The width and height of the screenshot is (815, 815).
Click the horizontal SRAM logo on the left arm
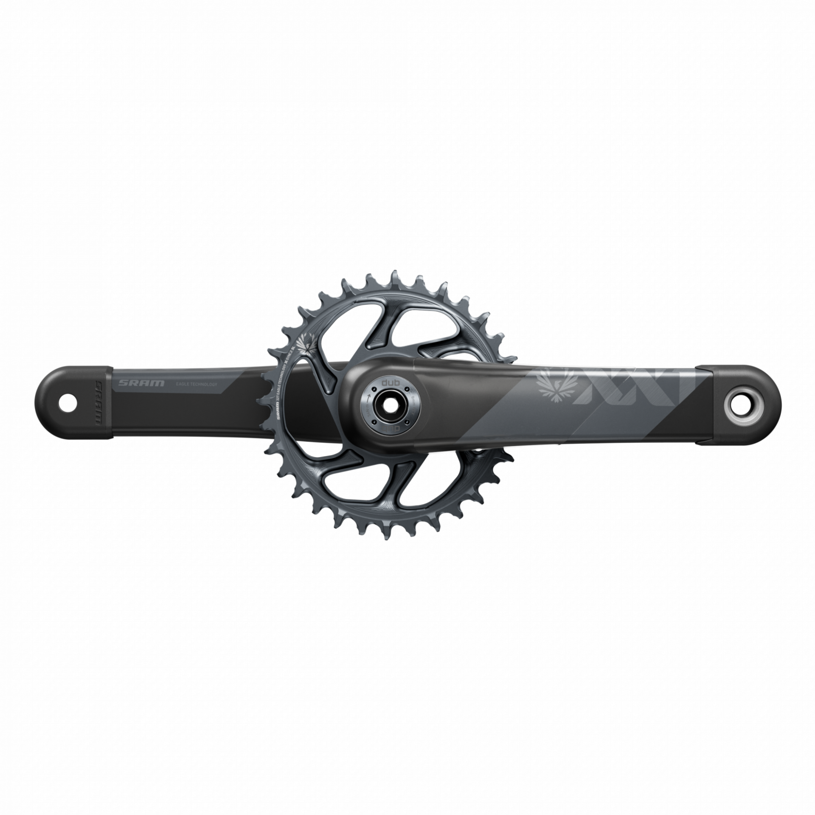click(x=142, y=383)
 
